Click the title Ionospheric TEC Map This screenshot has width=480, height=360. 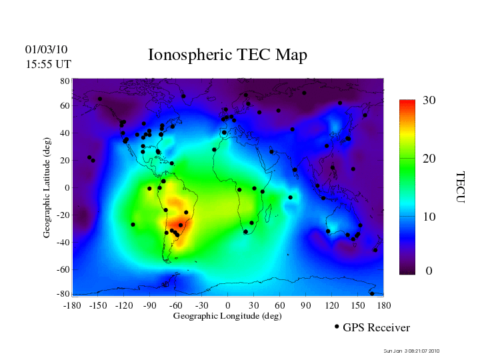pos(227,55)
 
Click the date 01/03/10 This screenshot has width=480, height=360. pos(47,50)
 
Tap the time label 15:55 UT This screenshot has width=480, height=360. pos(48,65)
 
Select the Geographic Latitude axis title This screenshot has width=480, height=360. pos(47,192)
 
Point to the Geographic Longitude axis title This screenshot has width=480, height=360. pos(227,316)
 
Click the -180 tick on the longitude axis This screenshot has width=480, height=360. pos(72,305)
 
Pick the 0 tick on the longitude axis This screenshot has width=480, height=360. pos(228,305)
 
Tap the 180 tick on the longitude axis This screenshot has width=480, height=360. pos(384,305)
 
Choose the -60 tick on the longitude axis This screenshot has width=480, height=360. pos(176,305)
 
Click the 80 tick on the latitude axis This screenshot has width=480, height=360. pos(65,81)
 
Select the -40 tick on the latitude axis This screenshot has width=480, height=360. pos(64,243)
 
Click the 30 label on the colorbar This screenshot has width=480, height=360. pos(429,101)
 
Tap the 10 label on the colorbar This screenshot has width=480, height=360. pos(429,217)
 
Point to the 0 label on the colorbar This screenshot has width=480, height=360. pos(429,271)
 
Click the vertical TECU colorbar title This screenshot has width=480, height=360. pos(460,187)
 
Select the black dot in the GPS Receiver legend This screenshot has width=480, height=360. pos(337,327)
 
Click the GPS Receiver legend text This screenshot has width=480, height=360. pos(377,328)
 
